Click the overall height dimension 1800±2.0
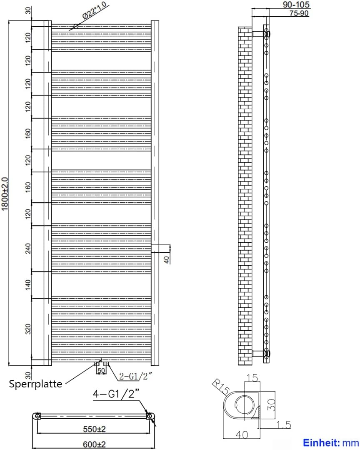point(5,194)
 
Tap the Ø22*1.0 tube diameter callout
point(95,10)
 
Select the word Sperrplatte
point(35,384)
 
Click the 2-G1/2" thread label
point(135,376)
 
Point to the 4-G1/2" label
point(116,394)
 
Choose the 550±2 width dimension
point(94,429)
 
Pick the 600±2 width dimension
point(94,445)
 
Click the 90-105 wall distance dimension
point(296,5)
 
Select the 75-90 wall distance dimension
point(299,13)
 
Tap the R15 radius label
point(221,387)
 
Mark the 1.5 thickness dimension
point(283,425)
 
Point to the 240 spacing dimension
point(28,249)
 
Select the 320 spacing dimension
point(28,329)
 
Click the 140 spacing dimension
point(28,285)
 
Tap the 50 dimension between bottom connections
point(101,370)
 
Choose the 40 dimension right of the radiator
point(167,260)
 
